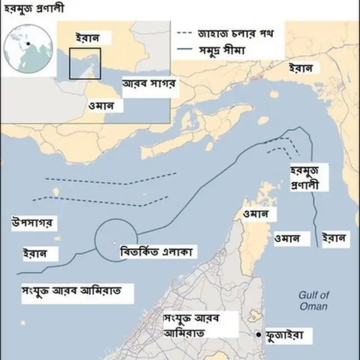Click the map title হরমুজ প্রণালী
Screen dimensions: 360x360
click(33, 8)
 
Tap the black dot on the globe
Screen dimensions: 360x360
click(27, 44)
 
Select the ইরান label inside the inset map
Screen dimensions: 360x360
click(89, 38)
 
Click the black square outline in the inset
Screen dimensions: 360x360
click(85, 64)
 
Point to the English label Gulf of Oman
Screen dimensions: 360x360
click(314, 300)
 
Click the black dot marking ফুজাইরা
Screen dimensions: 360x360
click(259, 335)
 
